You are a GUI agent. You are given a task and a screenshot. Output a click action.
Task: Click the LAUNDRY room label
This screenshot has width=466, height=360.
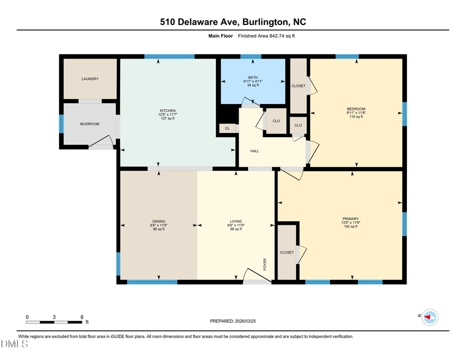(x=90, y=79)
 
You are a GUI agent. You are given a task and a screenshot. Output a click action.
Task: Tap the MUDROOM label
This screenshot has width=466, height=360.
(x=90, y=124)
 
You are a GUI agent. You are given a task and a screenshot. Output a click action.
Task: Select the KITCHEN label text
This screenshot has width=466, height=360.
(x=167, y=110)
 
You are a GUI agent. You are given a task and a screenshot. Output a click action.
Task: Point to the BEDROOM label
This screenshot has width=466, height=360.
(x=356, y=109)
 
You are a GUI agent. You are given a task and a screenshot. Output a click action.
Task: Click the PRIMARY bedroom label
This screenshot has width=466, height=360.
(x=351, y=219)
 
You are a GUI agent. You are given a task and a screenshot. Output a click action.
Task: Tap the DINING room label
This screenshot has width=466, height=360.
(x=158, y=221)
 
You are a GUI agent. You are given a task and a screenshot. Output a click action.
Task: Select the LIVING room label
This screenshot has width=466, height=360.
(x=236, y=221)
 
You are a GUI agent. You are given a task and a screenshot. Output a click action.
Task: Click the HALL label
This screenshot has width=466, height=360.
(x=254, y=151)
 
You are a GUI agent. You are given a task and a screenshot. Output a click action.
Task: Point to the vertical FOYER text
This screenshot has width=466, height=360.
(x=265, y=265)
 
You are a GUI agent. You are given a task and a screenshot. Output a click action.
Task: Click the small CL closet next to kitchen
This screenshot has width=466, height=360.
(x=227, y=128)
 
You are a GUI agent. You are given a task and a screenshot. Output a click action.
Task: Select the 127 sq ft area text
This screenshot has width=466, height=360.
(x=167, y=119)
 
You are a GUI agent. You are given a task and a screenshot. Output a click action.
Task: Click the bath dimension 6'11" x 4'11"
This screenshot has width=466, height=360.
(x=253, y=81)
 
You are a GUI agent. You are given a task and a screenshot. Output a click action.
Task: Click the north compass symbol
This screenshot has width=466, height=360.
(x=429, y=317)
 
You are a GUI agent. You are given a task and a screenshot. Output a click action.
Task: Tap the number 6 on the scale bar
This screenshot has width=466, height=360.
(x=82, y=316)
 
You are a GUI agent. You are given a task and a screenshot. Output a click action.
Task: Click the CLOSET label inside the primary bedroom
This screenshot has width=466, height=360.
(x=287, y=253)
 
